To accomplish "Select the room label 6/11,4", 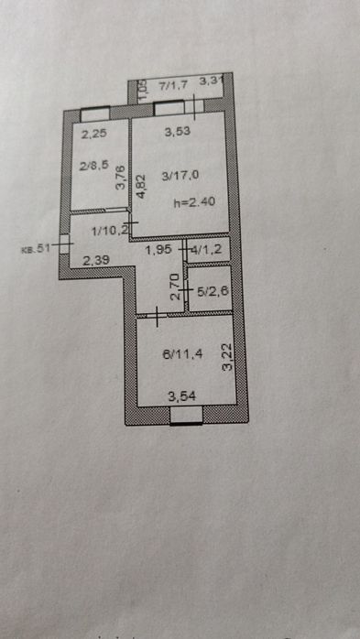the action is coord(180,359).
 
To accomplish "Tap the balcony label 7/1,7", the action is coord(173,85).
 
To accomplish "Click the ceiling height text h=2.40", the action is coord(195,203).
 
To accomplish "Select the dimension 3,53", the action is coord(179,133).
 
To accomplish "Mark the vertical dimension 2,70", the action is coord(175,291).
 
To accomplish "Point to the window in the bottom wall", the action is coord(187,417).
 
